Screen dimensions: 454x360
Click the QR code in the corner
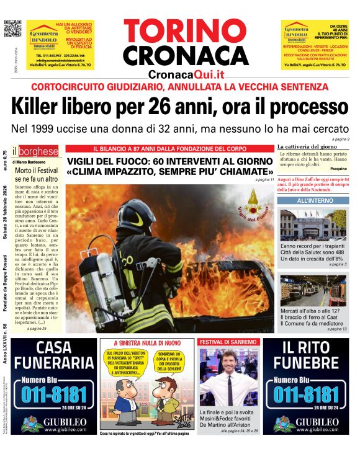[12, 28]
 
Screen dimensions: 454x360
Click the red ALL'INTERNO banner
[315, 201]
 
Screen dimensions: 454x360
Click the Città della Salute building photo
[314, 225]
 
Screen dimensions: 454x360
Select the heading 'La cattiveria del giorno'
[307, 146]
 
